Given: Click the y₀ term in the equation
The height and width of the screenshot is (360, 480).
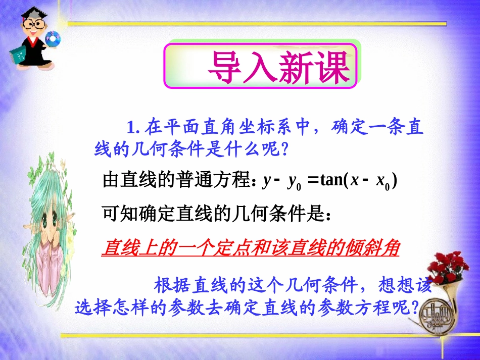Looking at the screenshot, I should (294, 182).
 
